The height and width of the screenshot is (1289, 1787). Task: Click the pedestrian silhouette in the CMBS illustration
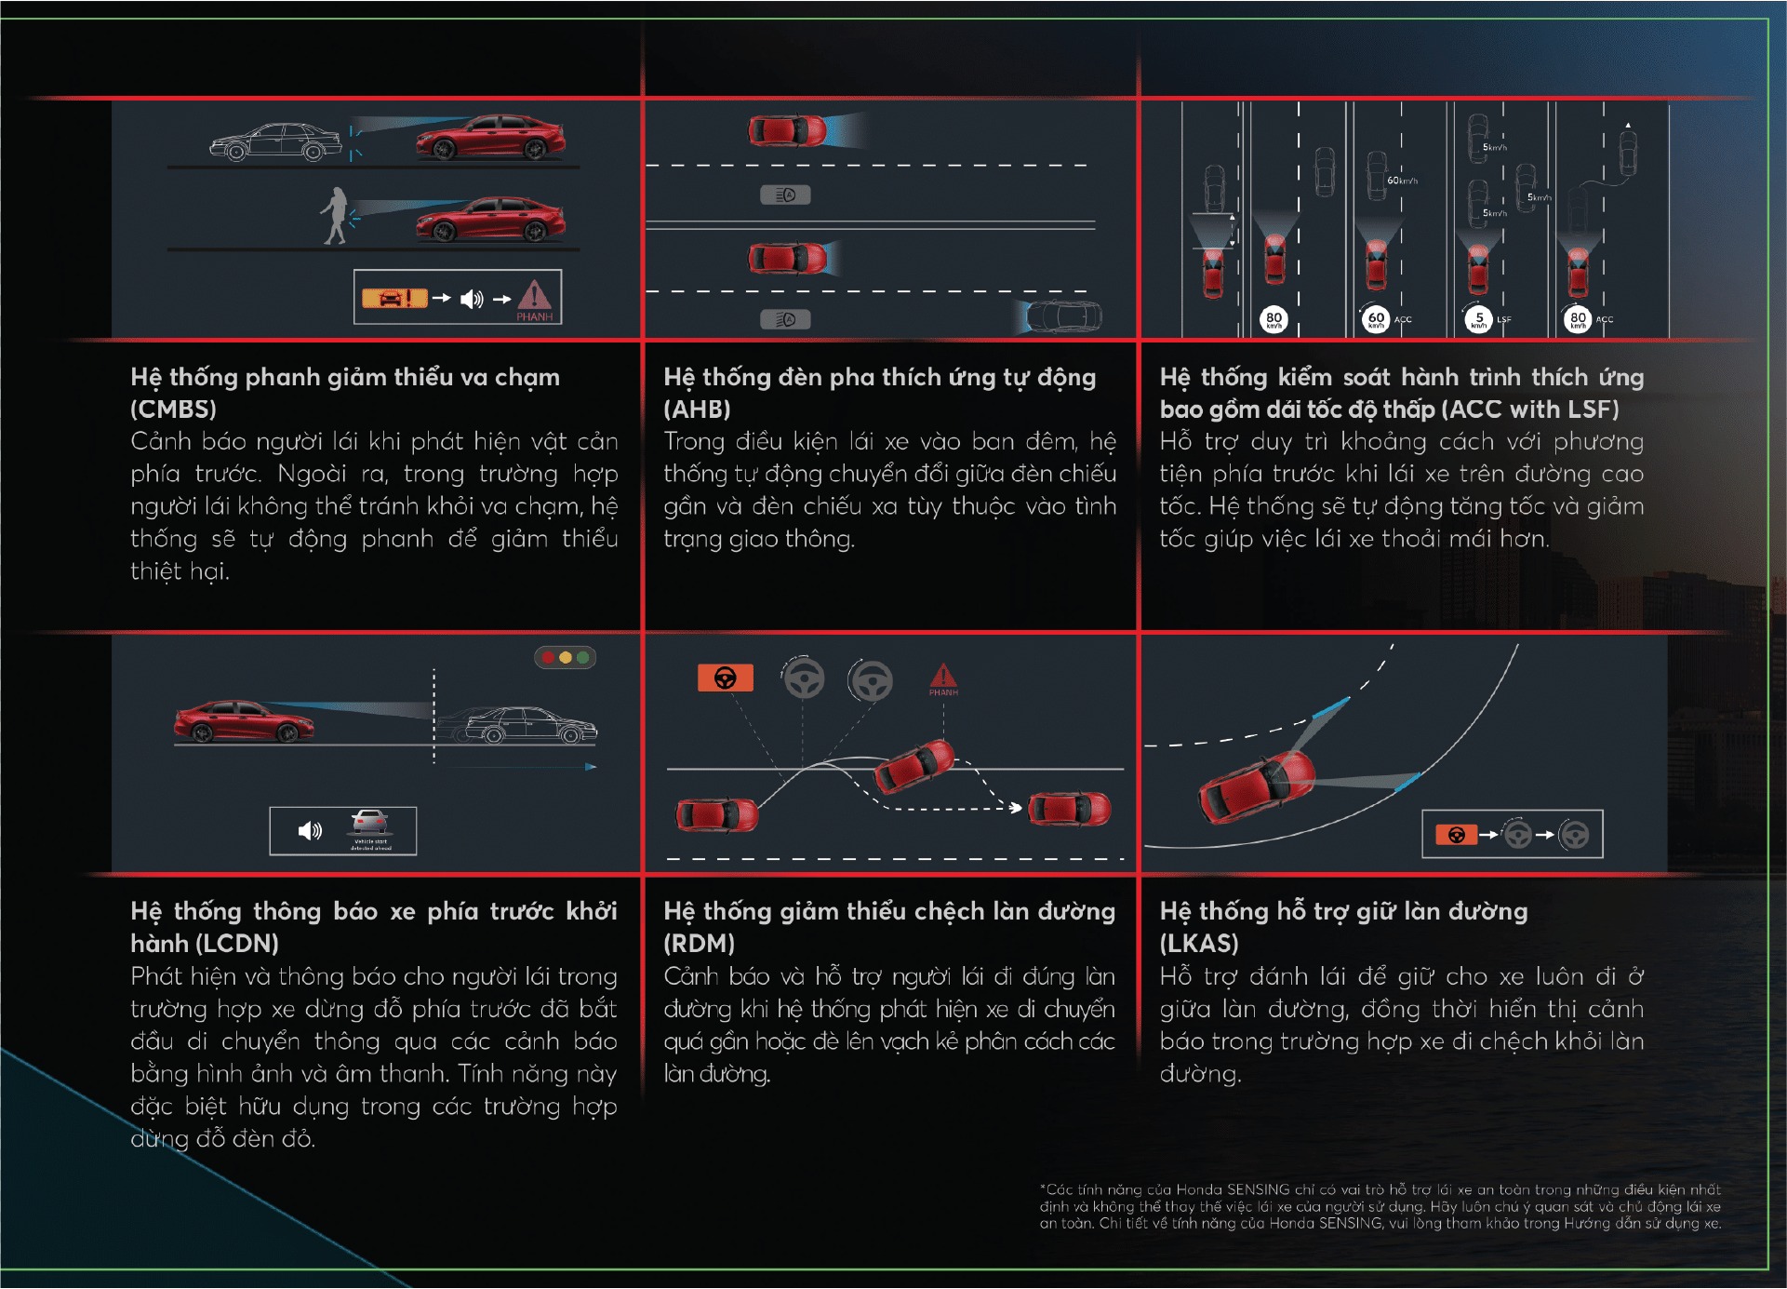coord(335,216)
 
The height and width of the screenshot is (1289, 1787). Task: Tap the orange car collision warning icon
coord(393,298)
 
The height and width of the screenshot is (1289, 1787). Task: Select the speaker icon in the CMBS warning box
coord(472,299)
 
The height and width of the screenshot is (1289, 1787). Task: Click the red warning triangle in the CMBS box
coord(534,296)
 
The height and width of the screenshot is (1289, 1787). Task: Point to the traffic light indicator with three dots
coord(565,657)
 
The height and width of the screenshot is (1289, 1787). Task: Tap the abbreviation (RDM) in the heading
coord(699,944)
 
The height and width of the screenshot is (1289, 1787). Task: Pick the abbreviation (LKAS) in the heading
coord(1199,944)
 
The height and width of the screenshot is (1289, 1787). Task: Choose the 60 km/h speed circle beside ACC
coord(1375,319)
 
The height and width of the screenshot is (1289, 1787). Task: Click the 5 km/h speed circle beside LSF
coord(1477,319)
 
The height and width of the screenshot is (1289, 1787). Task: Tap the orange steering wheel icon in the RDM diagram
coord(725,678)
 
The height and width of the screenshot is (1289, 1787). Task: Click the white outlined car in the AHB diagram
coord(1063,316)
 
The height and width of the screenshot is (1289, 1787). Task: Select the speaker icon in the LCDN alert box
coord(310,830)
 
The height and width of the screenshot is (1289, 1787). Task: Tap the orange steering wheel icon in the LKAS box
coord(1457,835)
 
